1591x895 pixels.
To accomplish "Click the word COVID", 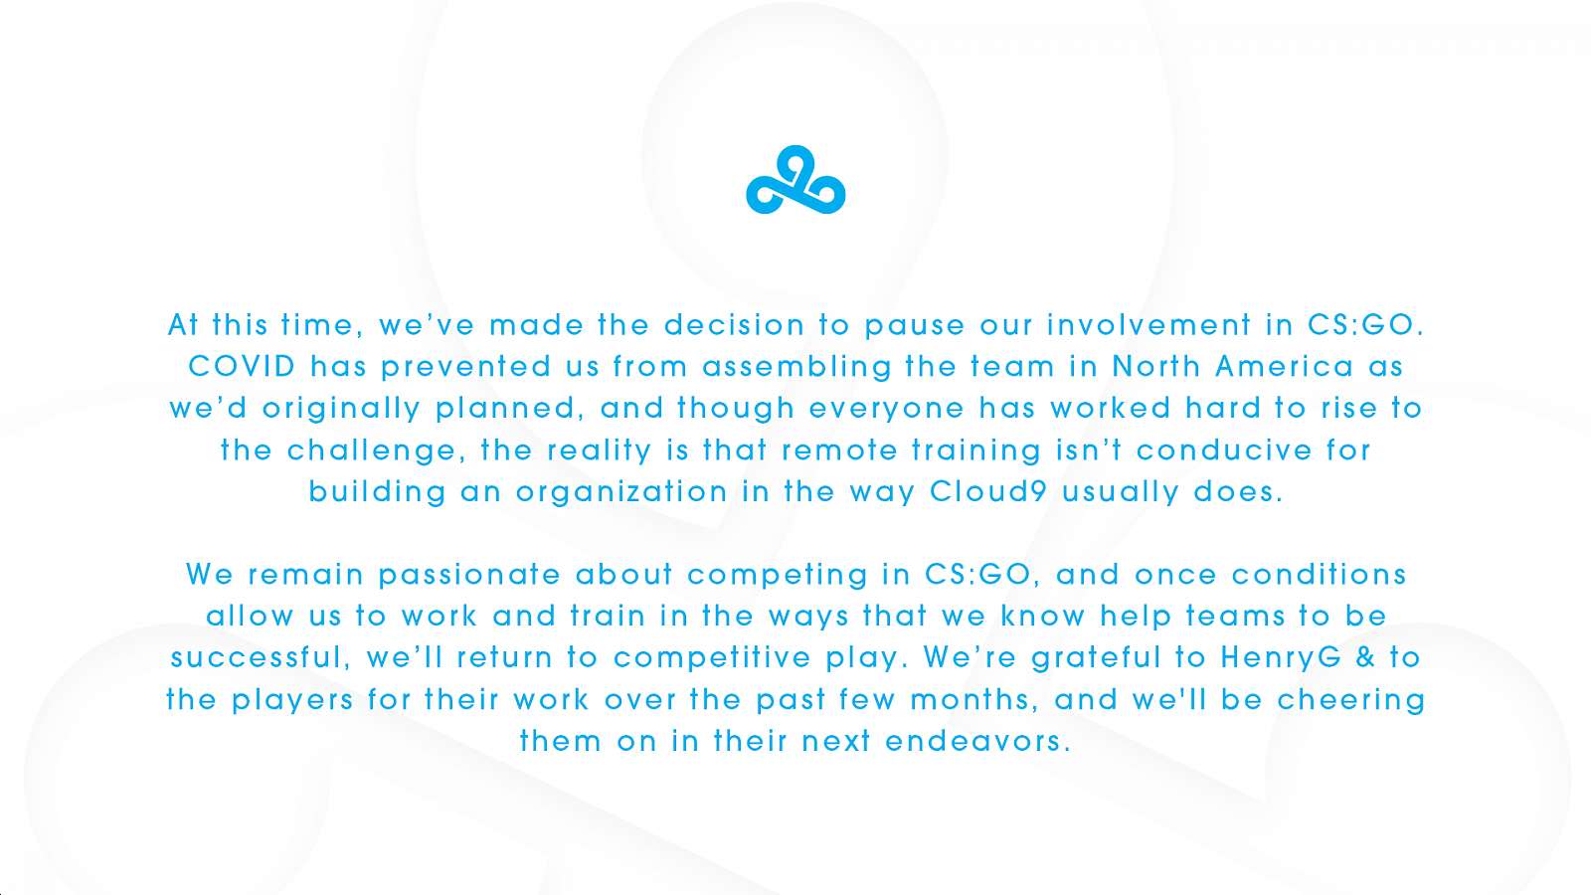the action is pos(242,367).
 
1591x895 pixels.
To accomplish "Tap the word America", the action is pos(1284,367).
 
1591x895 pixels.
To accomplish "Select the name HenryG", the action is pos(1282,658).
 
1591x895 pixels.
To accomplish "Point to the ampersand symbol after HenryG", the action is pos(1366,657).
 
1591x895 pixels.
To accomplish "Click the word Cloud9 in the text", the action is pos(988,491).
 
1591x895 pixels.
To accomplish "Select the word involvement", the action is pos(1149,324).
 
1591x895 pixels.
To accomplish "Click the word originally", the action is pos(341,410).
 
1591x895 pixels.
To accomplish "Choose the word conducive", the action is pos(1224,449).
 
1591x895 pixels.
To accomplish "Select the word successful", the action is pos(258,657).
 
